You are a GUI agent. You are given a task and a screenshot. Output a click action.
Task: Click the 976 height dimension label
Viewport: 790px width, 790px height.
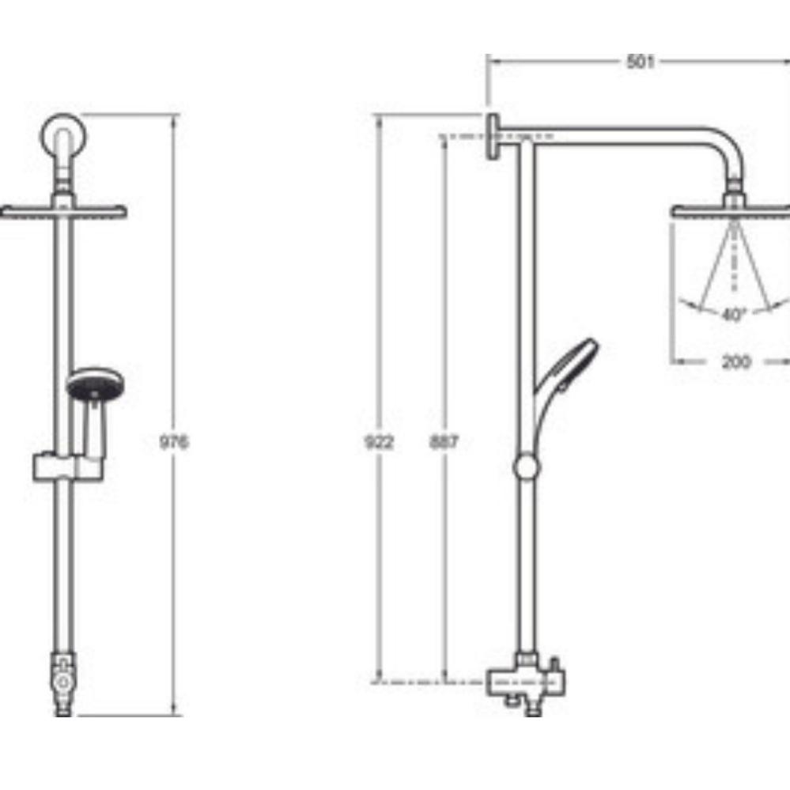(x=174, y=442)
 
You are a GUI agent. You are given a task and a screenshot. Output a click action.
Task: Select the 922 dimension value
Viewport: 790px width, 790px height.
(x=379, y=442)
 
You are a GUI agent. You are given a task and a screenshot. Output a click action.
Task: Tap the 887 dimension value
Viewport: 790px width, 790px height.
(x=444, y=442)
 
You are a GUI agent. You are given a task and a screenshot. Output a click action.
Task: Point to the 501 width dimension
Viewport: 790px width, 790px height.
(x=640, y=62)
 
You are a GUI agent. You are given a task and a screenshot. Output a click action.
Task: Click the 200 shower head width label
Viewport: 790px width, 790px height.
(x=735, y=361)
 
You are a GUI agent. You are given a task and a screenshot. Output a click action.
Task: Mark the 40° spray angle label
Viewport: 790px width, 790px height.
(x=734, y=315)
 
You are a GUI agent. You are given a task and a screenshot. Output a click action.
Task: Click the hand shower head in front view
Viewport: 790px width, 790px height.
(x=93, y=385)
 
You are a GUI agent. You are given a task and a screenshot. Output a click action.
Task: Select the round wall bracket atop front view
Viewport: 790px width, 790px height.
(x=64, y=136)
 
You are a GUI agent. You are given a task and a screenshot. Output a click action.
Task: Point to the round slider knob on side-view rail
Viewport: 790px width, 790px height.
(x=526, y=467)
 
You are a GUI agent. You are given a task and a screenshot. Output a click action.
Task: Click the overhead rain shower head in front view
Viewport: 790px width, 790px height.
(x=63, y=211)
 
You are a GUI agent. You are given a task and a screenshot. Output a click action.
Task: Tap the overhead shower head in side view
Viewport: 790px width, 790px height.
(x=731, y=211)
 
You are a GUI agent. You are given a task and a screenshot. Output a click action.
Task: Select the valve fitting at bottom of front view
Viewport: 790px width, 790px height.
(x=62, y=679)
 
